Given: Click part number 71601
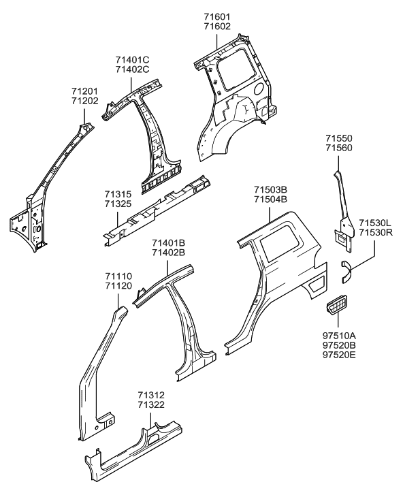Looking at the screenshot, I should click(x=217, y=17).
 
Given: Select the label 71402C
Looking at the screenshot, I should click(x=132, y=69).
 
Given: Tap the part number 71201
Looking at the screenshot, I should click(x=85, y=91).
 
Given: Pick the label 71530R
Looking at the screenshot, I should click(x=376, y=233).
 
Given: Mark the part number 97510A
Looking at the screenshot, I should click(x=340, y=336).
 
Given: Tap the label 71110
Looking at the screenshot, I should click(x=118, y=276).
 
